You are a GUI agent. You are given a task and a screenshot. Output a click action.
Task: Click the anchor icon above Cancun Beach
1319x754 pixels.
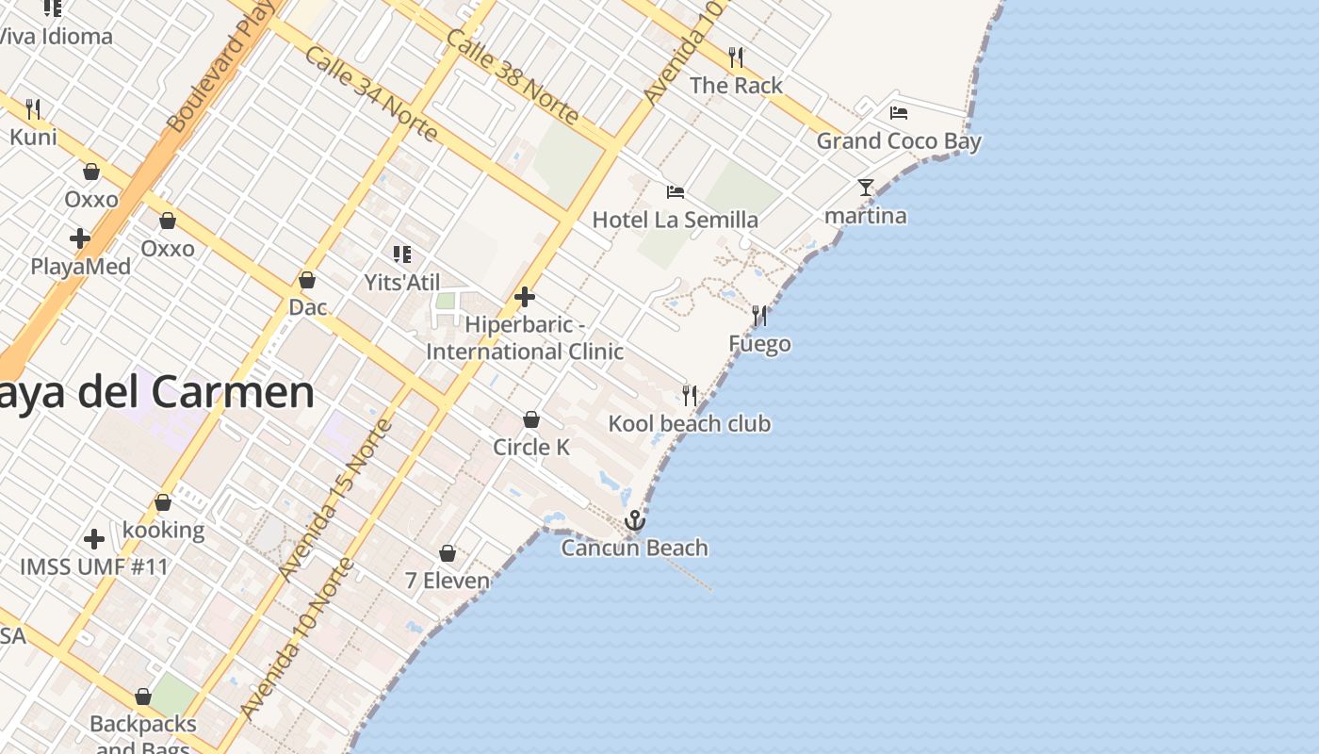tap(635, 520)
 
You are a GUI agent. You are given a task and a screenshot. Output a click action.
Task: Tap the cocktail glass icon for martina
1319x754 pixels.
tap(866, 188)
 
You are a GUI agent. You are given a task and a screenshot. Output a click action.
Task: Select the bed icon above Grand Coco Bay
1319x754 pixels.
tap(899, 113)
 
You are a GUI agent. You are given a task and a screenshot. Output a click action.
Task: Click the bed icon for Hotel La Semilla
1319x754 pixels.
tap(676, 192)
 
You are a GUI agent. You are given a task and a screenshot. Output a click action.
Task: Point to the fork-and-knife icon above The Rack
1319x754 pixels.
tap(736, 57)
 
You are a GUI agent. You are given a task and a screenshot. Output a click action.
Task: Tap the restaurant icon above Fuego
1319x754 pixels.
tap(759, 316)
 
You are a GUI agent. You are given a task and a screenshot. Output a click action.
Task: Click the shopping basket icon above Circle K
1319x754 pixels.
tap(531, 419)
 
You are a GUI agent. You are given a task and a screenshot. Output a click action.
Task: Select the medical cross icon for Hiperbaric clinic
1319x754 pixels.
tap(525, 298)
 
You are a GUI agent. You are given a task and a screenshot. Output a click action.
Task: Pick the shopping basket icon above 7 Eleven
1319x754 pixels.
tap(448, 553)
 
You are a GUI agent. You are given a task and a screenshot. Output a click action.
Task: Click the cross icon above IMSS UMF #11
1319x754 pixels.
tap(94, 539)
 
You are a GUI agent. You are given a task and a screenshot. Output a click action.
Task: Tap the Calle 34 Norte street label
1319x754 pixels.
tap(371, 93)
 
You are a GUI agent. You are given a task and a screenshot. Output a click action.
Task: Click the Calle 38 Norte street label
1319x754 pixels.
tap(512, 76)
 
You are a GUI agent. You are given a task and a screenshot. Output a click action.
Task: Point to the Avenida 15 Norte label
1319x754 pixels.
tap(335, 500)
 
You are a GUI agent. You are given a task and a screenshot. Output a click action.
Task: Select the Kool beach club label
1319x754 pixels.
tap(690, 424)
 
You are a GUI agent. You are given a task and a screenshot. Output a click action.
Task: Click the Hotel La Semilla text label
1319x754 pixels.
tap(675, 220)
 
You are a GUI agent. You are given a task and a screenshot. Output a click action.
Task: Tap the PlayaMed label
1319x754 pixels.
tap(81, 267)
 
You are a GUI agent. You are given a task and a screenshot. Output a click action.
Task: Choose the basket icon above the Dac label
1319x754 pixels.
tap(306, 280)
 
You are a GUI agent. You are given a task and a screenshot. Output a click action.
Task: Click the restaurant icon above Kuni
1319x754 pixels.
tap(33, 109)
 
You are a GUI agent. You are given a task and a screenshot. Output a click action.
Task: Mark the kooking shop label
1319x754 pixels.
tap(163, 530)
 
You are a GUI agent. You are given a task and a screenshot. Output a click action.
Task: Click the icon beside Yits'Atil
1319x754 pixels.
tap(402, 254)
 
